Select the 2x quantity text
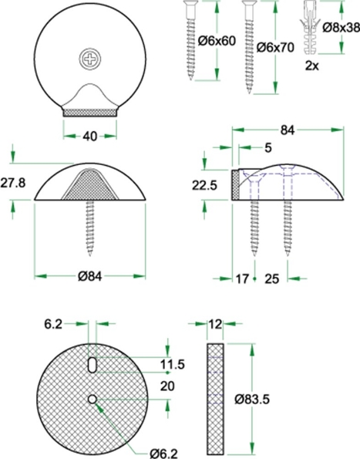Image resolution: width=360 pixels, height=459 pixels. point(312,66)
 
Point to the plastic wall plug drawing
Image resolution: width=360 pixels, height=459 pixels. point(312,28)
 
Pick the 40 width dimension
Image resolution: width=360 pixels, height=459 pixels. point(90,137)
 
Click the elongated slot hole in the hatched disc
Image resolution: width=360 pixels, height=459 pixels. point(91,363)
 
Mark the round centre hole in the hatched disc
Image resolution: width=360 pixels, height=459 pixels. point(92,399)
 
